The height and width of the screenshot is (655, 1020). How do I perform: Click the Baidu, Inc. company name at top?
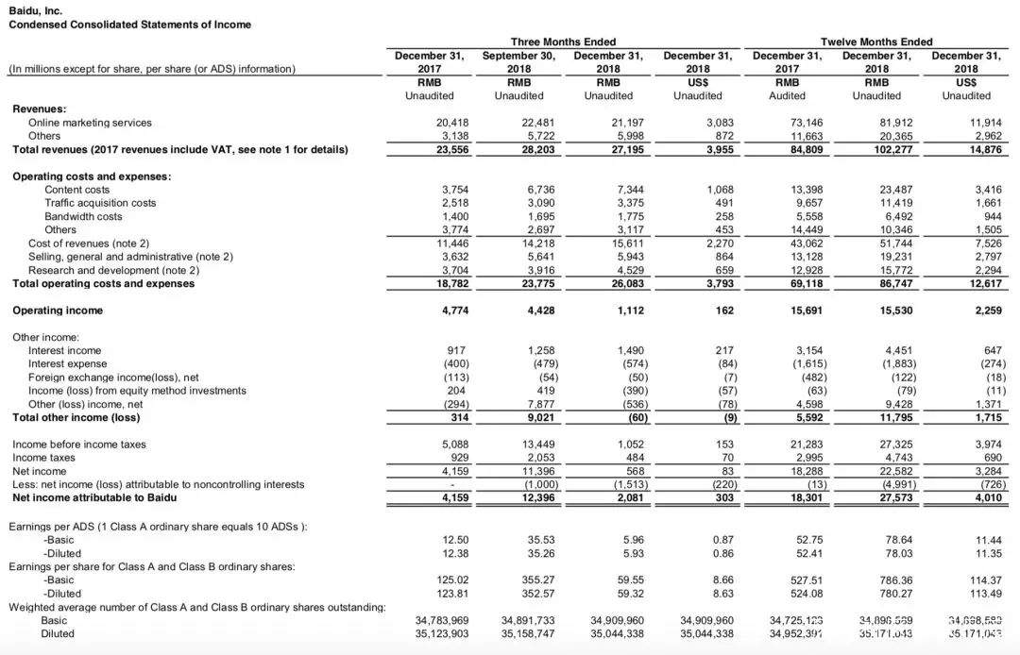(36, 10)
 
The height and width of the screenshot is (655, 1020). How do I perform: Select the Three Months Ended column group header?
(563, 42)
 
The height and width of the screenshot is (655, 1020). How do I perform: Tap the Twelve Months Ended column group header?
(875, 42)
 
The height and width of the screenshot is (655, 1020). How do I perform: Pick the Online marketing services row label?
(90, 123)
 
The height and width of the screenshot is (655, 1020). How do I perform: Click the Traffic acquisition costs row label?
(100, 203)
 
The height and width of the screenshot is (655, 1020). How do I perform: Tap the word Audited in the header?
(788, 95)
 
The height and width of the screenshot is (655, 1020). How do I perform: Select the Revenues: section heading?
(39, 109)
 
